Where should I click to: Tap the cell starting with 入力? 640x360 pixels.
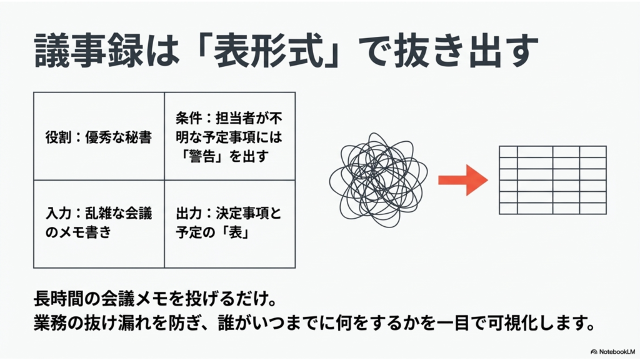[x=99, y=224]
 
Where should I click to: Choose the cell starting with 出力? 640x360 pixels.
[x=229, y=224]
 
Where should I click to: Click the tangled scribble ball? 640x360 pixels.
[x=378, y=180]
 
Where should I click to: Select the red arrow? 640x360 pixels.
[x=462, y=179]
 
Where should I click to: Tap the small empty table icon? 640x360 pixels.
[x=552, y=179]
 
